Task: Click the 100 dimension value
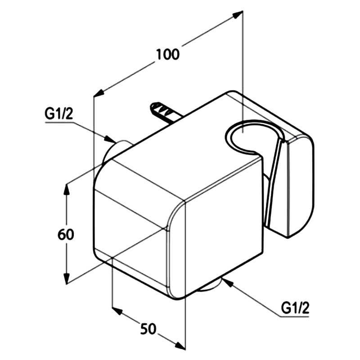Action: [x=167, y=54]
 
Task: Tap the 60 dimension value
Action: [x=66, y=234]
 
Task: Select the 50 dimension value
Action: [x=148, y=328]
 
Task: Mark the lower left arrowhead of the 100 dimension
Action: [x=99, y=93]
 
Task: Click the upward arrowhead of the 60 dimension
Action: [x=66, y=189]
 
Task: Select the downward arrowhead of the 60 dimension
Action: [x=66, y=279]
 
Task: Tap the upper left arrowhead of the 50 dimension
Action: [x=117, y=311]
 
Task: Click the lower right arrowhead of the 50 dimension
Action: [x=180, y=346]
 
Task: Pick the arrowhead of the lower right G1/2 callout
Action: [x=226, y=282]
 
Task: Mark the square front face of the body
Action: [x=223, y=227]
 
